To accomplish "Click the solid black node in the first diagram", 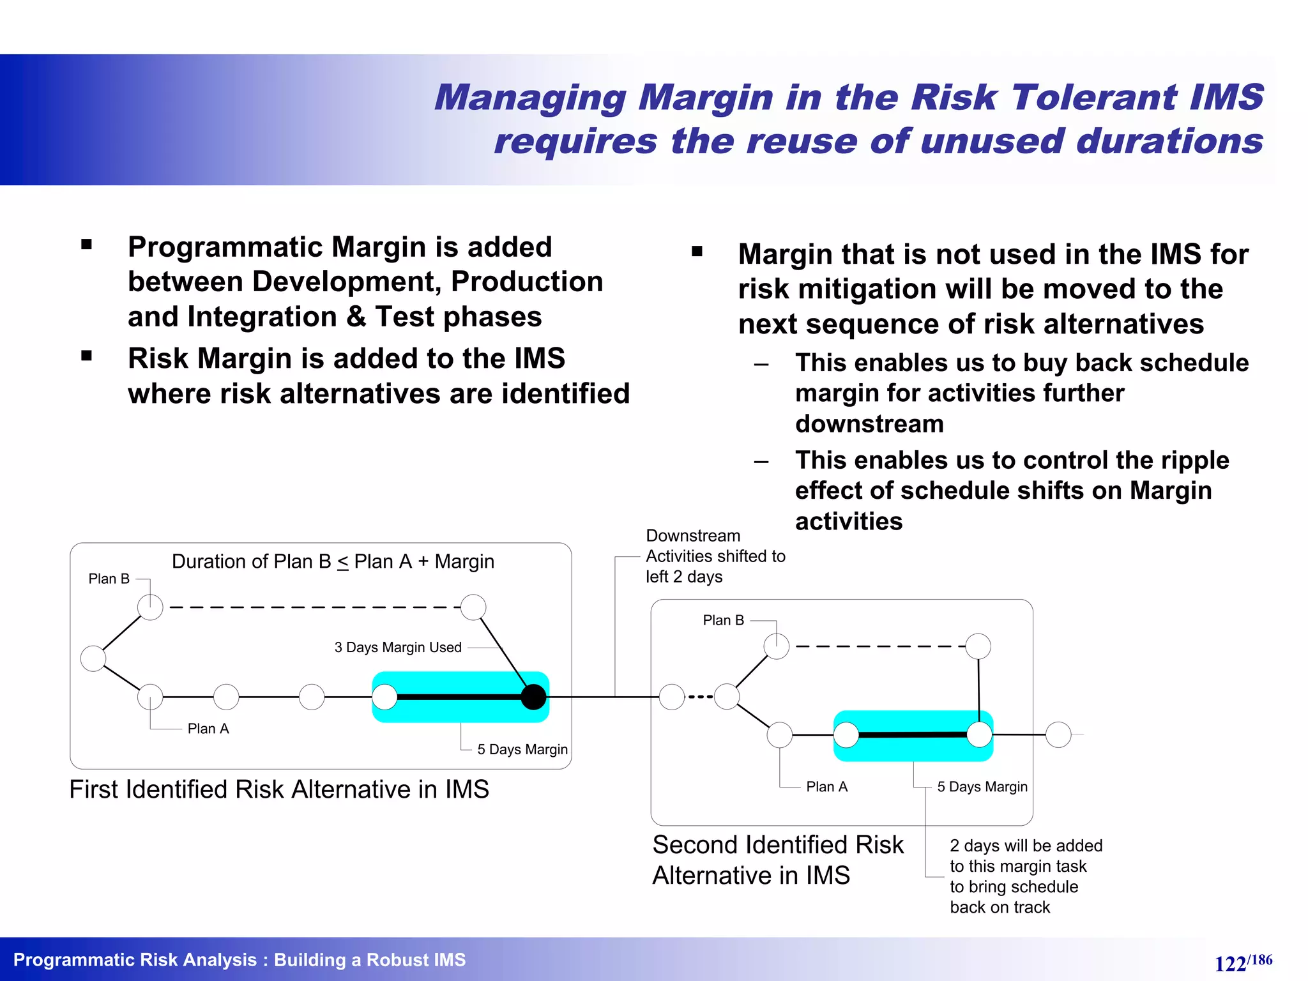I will [533, 697].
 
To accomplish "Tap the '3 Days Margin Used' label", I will [398, 648].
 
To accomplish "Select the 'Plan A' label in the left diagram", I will [208, 729].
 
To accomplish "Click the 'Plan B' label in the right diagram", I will [723, 620].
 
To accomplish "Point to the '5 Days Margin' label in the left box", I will [522, 749].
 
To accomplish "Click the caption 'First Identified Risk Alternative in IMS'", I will [279, 789].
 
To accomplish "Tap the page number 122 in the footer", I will [1230, 963].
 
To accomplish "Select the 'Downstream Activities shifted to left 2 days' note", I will [715, 556].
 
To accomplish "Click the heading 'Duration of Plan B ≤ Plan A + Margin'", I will [333, 561].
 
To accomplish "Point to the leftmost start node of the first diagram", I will [93, 658].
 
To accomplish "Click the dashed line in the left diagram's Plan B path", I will [313, 607].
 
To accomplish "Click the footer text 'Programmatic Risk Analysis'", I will [135, 959].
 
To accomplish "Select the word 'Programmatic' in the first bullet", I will [224, 247].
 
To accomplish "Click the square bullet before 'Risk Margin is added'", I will [87, 356].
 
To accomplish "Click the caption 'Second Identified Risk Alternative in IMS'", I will [777, 860].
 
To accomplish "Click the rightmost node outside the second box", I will [1058, 734].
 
